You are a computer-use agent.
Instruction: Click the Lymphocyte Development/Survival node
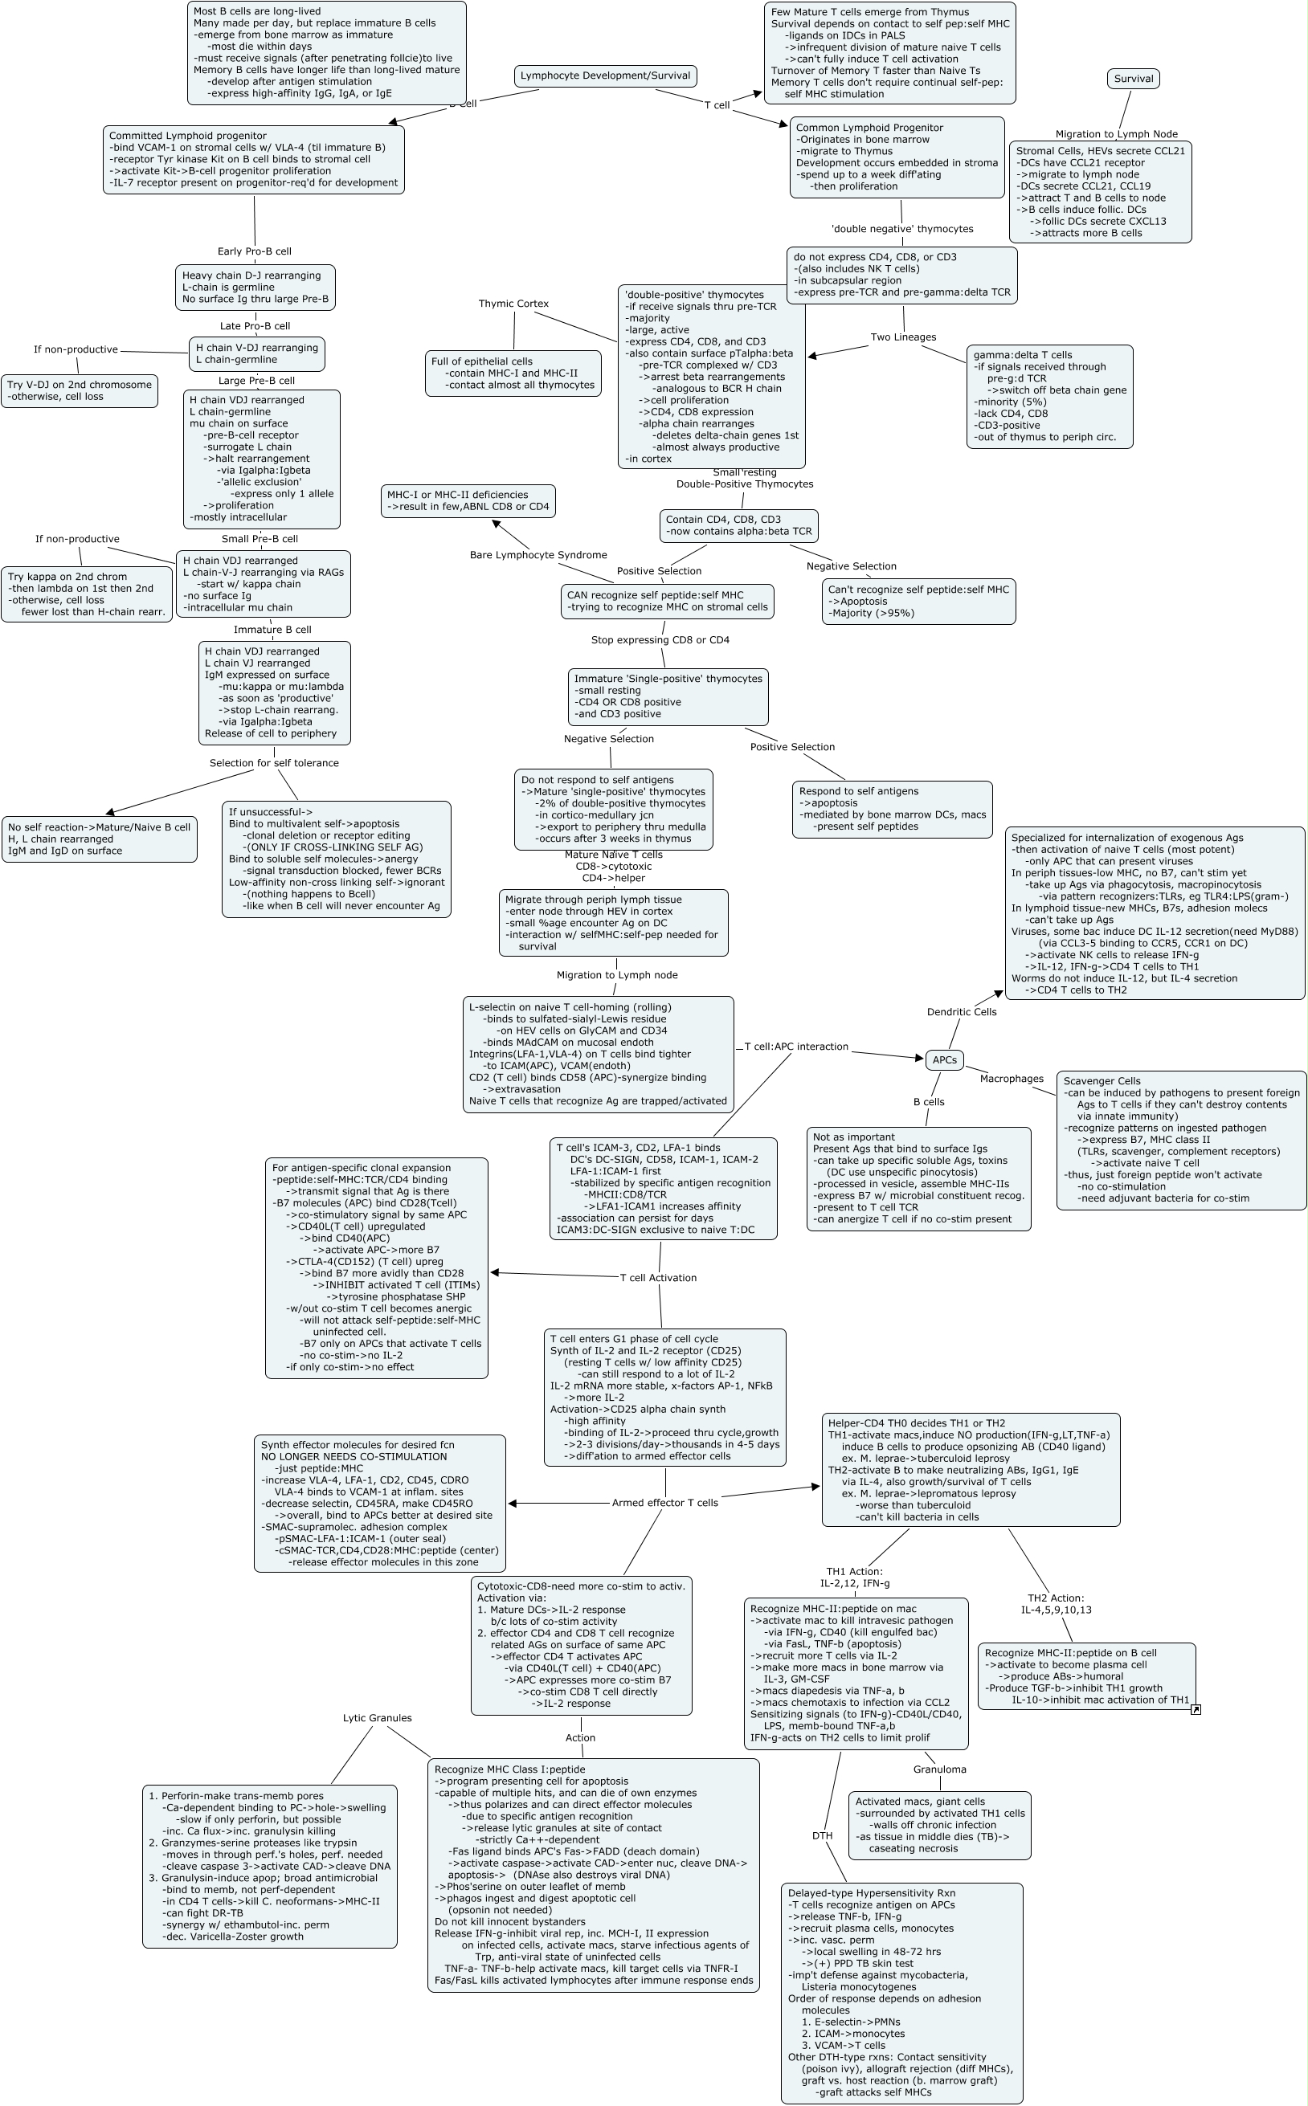pos(605,76)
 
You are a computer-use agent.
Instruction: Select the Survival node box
pos(1134,79)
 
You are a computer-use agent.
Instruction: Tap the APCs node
pos(945,1059)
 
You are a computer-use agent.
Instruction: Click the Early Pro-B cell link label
pos(255,251)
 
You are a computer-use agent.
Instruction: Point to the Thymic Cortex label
pos(514,304)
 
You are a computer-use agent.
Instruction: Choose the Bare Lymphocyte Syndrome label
pos(538,555)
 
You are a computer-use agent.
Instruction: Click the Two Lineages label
pos(903,337)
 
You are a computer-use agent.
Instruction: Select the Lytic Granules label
pos(377,1719)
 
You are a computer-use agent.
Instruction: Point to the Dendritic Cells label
pos(961,1012)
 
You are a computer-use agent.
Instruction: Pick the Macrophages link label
pos(1012,1079)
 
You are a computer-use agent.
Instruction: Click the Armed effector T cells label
pos(664,1503)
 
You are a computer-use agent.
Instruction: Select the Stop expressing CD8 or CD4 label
pos(660,640)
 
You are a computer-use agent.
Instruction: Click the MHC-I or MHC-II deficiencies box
pos(468,500)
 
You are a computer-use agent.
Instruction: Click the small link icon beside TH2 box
pos(1196,1710)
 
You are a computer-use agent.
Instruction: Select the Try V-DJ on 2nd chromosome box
pos(79,391)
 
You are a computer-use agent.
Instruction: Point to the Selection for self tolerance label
pos(274,763)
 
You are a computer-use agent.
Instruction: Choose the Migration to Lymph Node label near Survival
pos(1116,134)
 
